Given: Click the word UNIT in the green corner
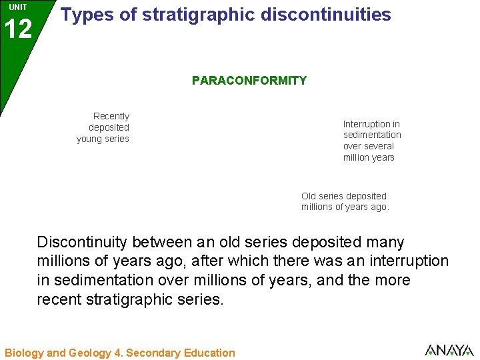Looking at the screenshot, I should pos(18,7).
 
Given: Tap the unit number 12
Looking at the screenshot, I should pos(18,29).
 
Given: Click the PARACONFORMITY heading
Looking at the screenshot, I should pos(249,81).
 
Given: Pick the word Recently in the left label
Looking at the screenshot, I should pos(111,116).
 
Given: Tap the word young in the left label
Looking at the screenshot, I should pos(90,139).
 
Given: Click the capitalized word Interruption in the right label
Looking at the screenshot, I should pos(366,124).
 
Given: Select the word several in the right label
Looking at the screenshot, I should pos(379,146).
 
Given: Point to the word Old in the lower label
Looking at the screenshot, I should pos(309,196).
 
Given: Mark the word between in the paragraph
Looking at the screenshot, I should pos(172,242).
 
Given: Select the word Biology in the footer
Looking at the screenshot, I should pos(24,353).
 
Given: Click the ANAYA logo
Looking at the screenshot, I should pos(449,349).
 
